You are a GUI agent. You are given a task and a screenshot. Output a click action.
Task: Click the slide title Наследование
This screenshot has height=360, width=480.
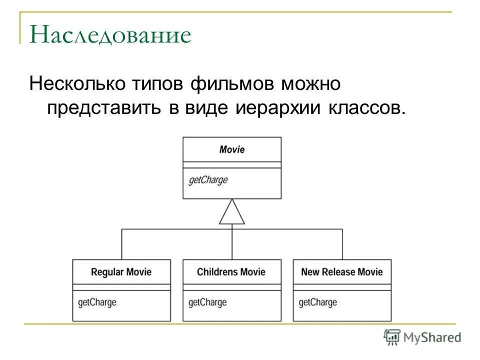[110, 35]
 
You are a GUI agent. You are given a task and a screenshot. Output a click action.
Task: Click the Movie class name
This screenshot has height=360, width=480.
[232, 149]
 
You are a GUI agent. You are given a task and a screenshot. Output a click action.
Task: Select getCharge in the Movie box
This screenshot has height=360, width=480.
[208, 180]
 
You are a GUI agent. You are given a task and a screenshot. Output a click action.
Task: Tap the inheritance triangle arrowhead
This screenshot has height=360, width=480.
[232, 212]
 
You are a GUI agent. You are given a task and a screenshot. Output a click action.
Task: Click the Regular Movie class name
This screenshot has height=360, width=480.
[121, 272]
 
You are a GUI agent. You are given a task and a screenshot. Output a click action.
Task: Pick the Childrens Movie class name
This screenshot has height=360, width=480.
[231, 272]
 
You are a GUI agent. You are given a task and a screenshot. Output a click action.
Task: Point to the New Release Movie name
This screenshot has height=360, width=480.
[342, 272]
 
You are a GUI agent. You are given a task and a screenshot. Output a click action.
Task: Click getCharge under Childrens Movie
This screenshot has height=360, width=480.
[207, 302]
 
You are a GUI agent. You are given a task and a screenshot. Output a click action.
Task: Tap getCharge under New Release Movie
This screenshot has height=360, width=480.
[318, 302]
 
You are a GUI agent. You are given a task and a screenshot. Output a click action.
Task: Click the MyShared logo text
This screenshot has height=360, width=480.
[433, 337]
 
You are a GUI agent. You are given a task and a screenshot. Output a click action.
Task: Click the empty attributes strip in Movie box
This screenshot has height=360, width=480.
[232, 165]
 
